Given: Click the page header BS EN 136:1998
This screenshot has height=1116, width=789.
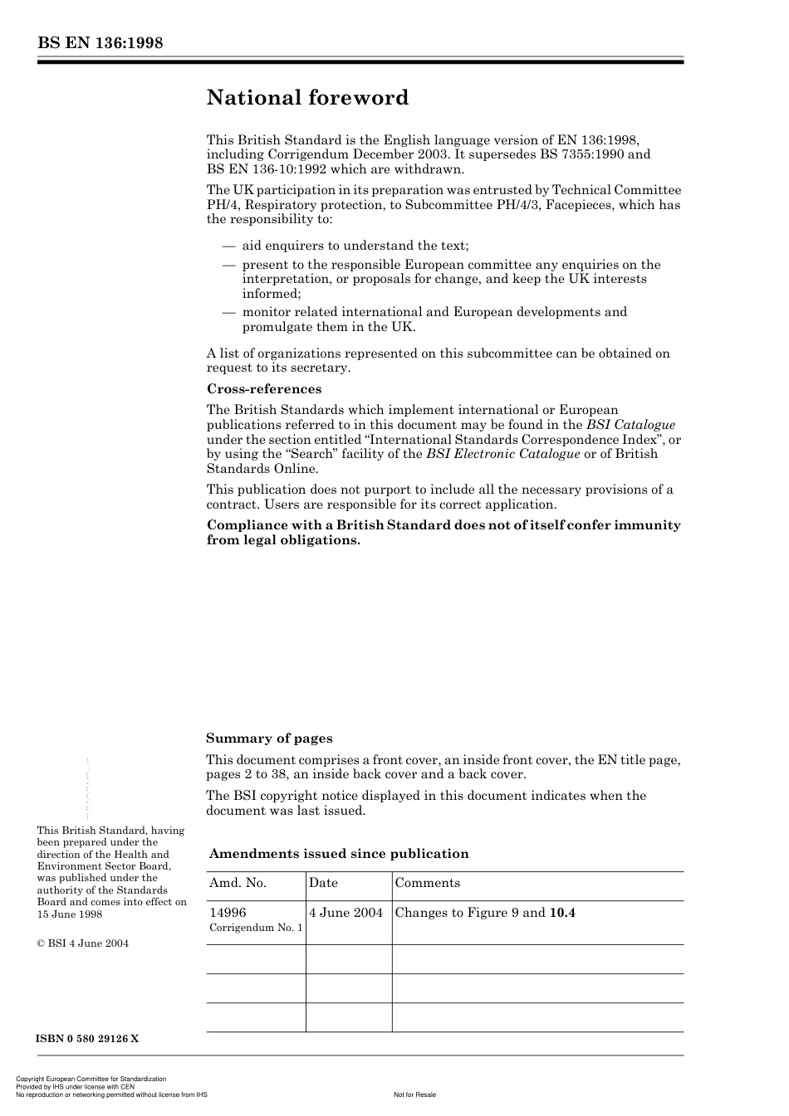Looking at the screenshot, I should (100, 43).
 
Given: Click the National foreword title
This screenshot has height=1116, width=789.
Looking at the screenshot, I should (307, 98).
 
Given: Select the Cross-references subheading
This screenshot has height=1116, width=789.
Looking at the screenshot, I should (264, 389).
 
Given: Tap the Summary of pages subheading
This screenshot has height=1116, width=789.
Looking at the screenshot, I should (269, 738).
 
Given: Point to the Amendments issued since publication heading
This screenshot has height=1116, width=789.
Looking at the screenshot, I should (339, 854).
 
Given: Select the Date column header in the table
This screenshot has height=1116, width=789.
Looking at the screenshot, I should (324, 883).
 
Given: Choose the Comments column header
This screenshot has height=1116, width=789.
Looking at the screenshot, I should (428, 883).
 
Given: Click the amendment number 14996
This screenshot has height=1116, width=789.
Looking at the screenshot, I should (228, 913).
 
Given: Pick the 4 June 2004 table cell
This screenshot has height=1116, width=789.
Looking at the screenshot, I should (346, 913).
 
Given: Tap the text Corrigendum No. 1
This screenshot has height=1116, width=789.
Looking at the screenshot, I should (256, 928).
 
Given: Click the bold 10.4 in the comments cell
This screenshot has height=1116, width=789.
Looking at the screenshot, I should (562, 913).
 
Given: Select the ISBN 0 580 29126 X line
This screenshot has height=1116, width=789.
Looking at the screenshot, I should (88, 1039).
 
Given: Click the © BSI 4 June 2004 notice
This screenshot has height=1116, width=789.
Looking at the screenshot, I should (83, 943).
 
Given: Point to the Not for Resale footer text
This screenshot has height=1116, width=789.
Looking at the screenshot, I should (414, 1094).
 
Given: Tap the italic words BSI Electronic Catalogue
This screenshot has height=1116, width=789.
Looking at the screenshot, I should (503, 454).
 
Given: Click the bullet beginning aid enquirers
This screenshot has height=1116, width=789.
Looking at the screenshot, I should (355, 246).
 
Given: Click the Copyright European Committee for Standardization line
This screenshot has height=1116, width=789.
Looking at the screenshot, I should (91, 1079).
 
